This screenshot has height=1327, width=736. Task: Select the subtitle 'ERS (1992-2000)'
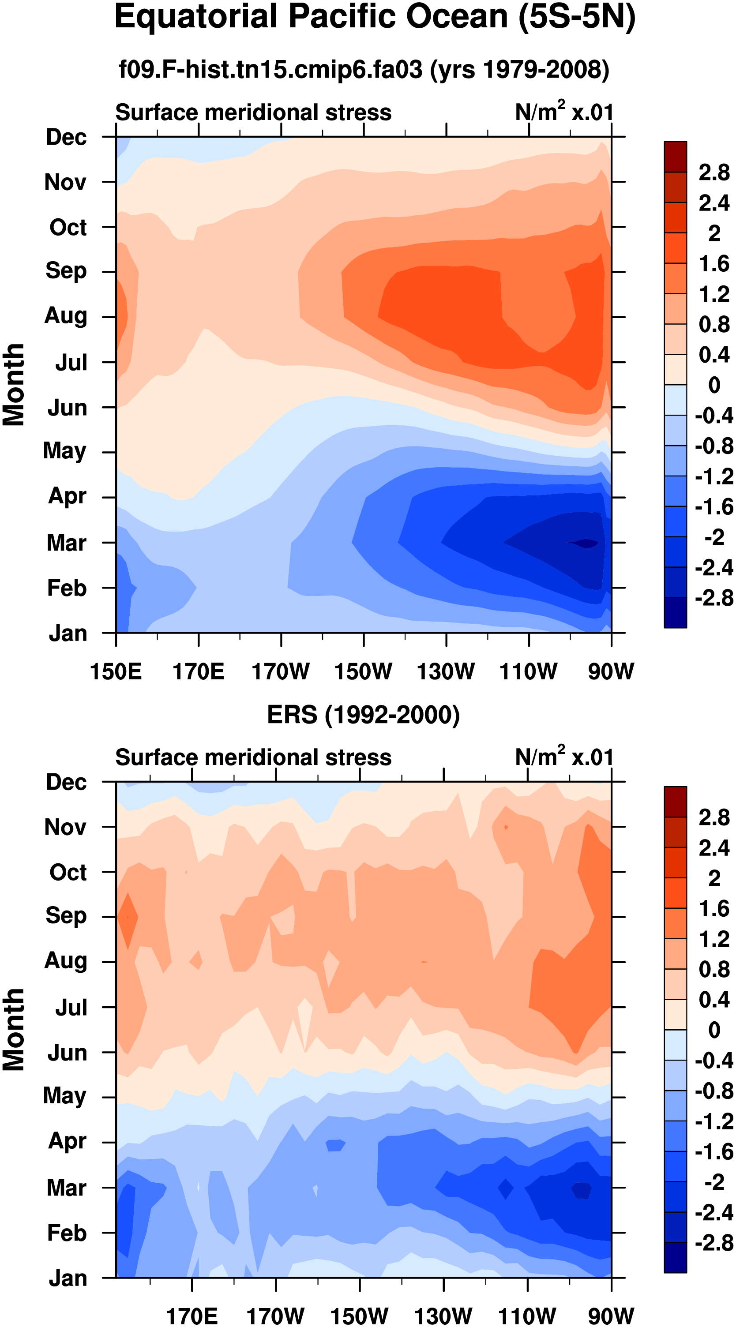pyautogui.click(x=363, y=715)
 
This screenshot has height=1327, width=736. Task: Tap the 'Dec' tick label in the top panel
pyautogui.click(x=66, y=137)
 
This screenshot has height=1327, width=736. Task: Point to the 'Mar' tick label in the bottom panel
pyautogui.click(x=66, y=1188)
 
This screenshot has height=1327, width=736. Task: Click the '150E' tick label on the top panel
pyautogui.click(x=116, y=672)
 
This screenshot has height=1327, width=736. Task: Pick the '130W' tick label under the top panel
pyautogui.click(x=446, y=672)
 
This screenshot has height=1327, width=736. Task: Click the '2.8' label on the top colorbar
pyautogui.click(x=714, y=172)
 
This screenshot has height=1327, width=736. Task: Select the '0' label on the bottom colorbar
pyautogui.click(x=714, y=1030)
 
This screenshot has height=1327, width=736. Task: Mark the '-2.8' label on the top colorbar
pyautogui.click(x=714, y=598)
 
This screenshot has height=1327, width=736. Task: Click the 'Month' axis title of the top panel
pyautogui.click(x=14, y=385)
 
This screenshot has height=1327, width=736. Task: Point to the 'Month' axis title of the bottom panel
pyautogui.click(x=14, y=1030)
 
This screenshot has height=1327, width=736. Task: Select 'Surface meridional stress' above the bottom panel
pyautogui.click(x=253, y=757)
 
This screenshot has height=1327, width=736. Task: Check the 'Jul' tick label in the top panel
pyautogui.click(x=71, y=363)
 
